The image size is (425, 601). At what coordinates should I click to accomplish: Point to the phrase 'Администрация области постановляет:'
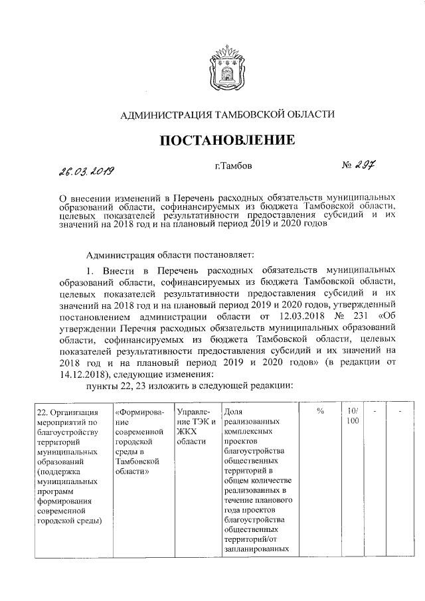[176, 254]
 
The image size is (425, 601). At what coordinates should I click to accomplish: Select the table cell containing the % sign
[319, 412]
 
